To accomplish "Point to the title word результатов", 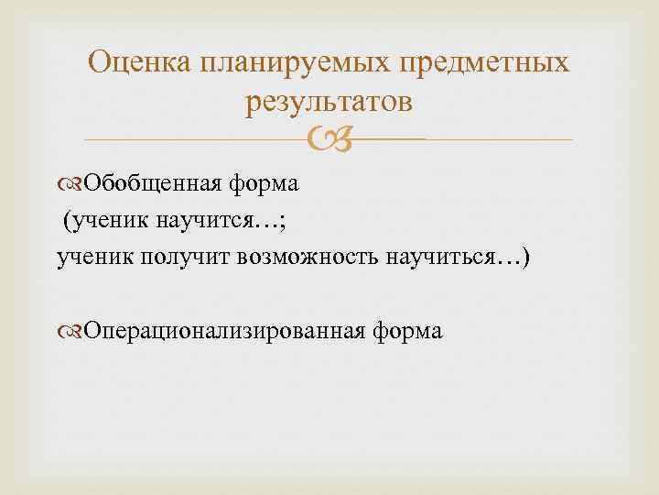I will pos(329,103).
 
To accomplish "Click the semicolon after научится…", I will pos(243,221).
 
